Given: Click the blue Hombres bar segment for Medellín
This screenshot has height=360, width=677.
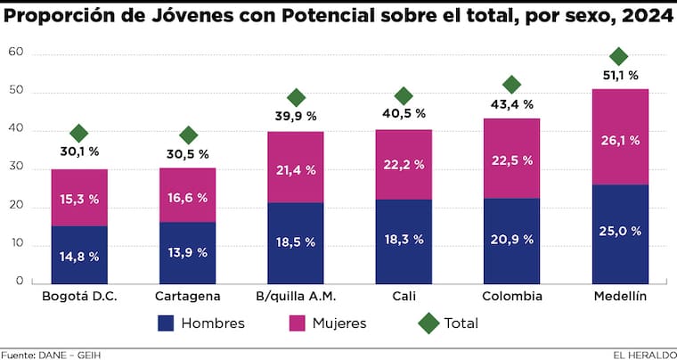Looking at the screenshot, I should (619, 233).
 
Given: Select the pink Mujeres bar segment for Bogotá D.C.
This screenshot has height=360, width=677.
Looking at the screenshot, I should (79, 198).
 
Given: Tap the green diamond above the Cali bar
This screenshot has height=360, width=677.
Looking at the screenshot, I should (404, 95).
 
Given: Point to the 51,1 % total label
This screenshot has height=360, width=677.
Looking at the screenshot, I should (619, 76).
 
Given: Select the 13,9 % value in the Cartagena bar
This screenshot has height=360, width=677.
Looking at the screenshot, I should (188, 253).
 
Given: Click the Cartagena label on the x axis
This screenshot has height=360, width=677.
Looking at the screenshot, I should (187, 296).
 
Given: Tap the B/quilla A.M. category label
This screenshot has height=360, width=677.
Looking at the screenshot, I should (296, 296).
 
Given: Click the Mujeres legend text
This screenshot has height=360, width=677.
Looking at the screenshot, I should (338, 323).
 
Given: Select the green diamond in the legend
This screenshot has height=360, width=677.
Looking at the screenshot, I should (429, 323).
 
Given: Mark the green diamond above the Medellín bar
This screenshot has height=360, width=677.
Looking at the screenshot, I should (619, 57).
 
